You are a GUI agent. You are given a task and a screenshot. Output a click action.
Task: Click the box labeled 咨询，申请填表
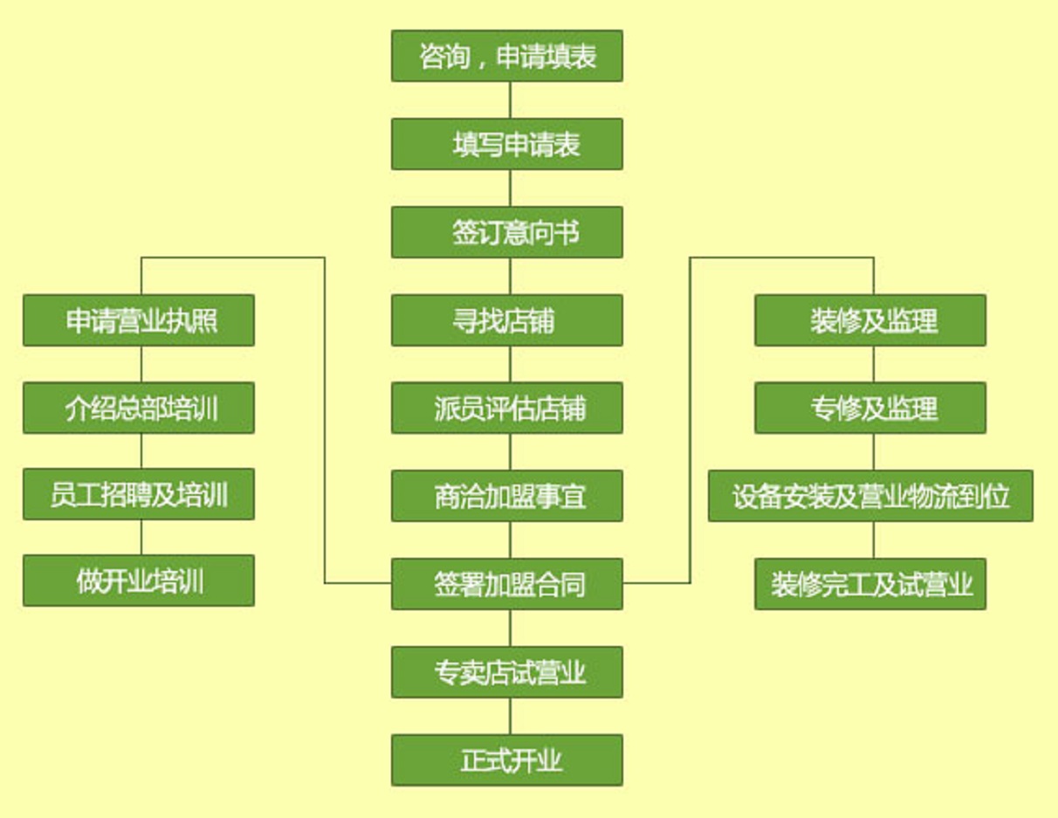[506, 56]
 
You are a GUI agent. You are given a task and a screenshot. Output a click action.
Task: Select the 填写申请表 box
[506, 144]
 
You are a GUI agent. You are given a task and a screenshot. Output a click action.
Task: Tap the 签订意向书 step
[506, 232]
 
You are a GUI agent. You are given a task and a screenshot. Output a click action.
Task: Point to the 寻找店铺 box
[506, 320]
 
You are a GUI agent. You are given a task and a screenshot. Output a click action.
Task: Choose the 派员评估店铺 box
[506, 408]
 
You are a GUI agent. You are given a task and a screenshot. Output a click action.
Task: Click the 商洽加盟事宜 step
[506, 496]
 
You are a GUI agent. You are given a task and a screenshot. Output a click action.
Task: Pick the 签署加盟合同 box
[506, 583]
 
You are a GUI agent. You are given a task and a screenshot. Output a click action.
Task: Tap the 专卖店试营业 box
[506, 672]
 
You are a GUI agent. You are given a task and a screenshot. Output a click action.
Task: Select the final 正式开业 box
[506, 760]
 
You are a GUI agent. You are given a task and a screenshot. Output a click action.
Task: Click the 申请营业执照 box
[139, 320]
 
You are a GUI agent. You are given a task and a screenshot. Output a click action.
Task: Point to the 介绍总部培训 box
[139, 408]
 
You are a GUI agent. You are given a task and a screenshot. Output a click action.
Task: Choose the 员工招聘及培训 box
[139, 494]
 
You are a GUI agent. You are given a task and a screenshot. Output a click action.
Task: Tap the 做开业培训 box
[139, 581]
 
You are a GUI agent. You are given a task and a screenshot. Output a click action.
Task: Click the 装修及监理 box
[870, 320]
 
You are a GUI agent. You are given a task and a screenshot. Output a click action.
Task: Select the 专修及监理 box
[870, 408]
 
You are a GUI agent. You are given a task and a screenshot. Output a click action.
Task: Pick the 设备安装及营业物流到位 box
[870, 496]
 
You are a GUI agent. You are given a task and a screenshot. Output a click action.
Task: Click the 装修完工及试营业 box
[870, 583]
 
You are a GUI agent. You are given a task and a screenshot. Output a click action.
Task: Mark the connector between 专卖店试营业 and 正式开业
[510, 716]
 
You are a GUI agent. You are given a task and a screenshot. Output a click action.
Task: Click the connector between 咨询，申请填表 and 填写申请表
[510, 100]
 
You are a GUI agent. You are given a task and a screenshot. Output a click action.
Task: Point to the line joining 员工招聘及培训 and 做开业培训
[141, 537]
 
